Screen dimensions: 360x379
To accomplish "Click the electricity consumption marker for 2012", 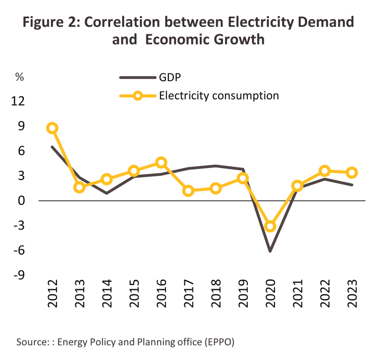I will point(53,128).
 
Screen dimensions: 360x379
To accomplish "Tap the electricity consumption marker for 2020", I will point(270,226).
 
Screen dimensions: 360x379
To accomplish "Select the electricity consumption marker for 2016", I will point(161,162).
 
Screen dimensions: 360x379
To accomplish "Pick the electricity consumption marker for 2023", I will point(352,173).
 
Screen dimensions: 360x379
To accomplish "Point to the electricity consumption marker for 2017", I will point(188,191).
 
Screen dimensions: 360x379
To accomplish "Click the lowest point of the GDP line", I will point(270,251).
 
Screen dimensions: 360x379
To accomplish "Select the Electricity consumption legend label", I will point(219,95).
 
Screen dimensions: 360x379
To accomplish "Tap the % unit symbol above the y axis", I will point(20,77).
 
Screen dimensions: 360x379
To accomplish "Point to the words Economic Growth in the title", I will point(205,40).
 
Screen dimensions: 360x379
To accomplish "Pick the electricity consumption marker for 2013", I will point(80,188).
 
